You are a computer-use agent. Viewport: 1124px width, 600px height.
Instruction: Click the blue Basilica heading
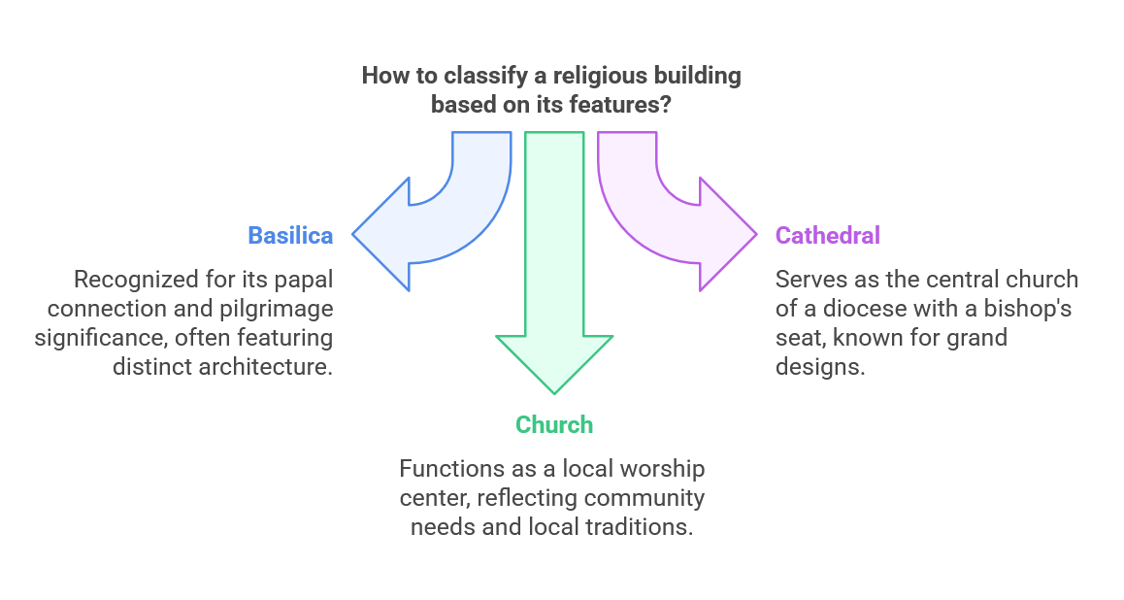(290, 235)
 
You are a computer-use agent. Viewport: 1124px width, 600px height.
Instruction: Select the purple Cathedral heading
(827, 235)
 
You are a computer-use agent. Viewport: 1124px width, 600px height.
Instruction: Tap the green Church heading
(553, 424)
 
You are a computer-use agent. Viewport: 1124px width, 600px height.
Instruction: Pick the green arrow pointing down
(554, 291)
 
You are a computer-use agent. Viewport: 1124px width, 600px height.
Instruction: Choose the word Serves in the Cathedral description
(808, 280)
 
